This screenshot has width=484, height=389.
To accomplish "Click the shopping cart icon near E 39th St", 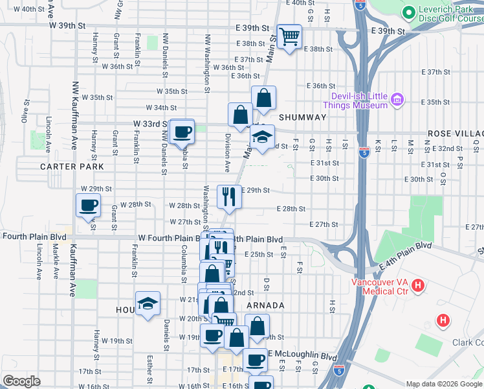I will click(x=289, y=36).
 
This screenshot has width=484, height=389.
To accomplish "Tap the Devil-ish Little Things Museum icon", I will click(x=397, y=100).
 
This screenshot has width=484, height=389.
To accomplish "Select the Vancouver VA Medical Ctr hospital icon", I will click(x=418, y=285).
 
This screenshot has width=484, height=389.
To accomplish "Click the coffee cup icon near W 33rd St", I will click(x=182, y=131).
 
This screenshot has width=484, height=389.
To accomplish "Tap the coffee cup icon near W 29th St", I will click(x=88, y=206).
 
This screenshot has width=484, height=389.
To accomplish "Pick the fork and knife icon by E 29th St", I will click(x=228, y=196).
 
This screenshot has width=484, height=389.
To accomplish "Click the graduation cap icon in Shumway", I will click(x=262, y=137).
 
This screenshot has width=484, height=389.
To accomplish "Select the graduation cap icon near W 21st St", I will click(x=148, y=303).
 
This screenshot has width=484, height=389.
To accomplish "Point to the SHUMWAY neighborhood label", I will click(x=303, y=117).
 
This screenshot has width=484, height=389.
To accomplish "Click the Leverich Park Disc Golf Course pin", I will click(x=408, y=12).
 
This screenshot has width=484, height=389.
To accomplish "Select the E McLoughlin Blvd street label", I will click(x=304, y=357).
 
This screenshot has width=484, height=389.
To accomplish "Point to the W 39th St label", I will click(x=67, y=25).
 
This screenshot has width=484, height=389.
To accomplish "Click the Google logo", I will click(x=21, y=381).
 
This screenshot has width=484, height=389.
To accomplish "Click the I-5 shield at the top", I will click(x=360, y=6).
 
